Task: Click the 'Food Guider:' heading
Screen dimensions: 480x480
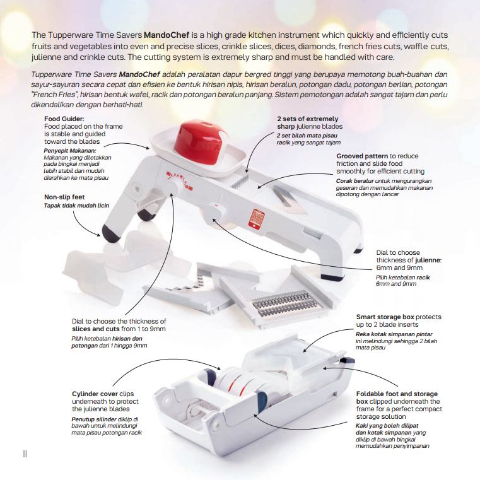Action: coord(66,119)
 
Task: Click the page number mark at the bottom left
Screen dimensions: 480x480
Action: coord(25,453)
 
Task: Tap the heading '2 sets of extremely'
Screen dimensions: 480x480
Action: coord(307,119)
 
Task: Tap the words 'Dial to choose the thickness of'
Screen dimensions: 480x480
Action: coord(119,322)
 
